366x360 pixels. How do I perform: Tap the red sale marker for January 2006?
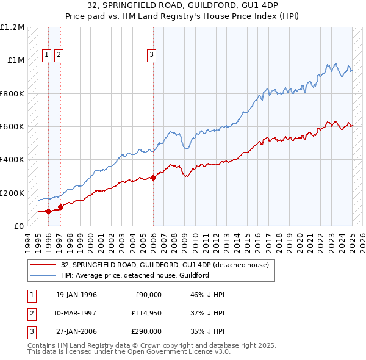click(153, 178)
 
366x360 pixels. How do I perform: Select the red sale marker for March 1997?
click(60, 207)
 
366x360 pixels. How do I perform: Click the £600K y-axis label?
click(12, 127)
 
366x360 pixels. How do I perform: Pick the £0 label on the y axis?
click(19, 226)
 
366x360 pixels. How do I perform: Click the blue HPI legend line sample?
click(43, 275)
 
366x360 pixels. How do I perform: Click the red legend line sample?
click(43, 265)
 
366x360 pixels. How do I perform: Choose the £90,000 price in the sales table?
click(148, 294)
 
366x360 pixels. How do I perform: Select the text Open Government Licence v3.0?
click(181, 352)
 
